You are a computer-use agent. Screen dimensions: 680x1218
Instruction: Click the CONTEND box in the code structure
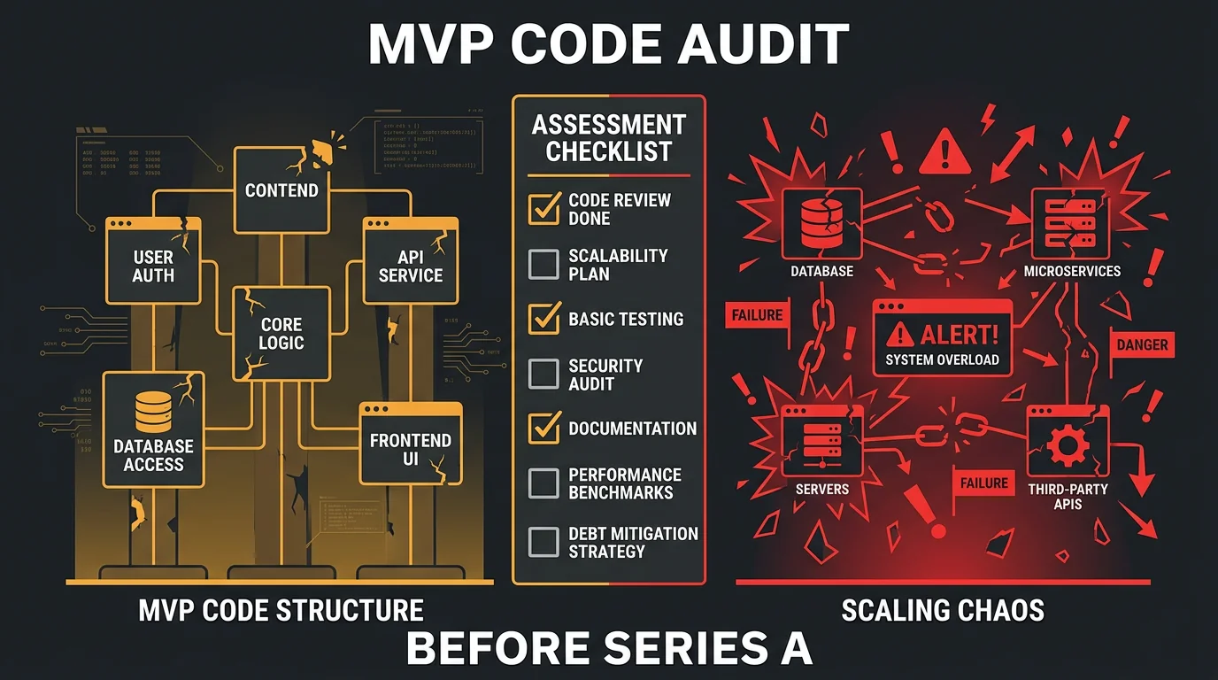pyautogui.click(x=281, y=190)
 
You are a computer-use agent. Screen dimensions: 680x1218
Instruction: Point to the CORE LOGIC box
pyautogui.click(x=281, y=333)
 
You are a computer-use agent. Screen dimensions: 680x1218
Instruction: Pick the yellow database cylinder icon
pyautogui.click(x=153, y=412)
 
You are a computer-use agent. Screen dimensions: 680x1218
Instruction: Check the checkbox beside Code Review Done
pyautogui.click(x=543, y=208)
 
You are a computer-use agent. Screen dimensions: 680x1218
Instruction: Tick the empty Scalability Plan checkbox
pyautogui.click(x=543, y=264)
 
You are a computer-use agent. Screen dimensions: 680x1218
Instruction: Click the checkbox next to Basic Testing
pyautogui.click(x=543, y=319)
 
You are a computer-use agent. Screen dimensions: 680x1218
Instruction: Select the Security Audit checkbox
pyautogui.click(x=543, y=374)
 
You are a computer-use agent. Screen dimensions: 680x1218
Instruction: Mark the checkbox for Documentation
pyautogui.click(x=543, y=428)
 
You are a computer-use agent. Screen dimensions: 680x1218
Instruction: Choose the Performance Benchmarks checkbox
pyautogui.click(x=543, y=483)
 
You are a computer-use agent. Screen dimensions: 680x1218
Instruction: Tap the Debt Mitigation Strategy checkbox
pyautogui.click(x=543, y=542)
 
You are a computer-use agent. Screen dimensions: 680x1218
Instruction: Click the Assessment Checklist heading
pyautogui.click(x=608, y=138)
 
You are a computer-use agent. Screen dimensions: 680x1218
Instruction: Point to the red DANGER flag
pyautogui.click(x=1142, y=344)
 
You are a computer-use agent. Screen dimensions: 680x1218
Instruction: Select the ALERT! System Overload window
pyautogui.click(x=942, y=342)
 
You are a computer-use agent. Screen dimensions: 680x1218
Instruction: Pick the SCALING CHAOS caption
pyautogui.click(x=943, y=610)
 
